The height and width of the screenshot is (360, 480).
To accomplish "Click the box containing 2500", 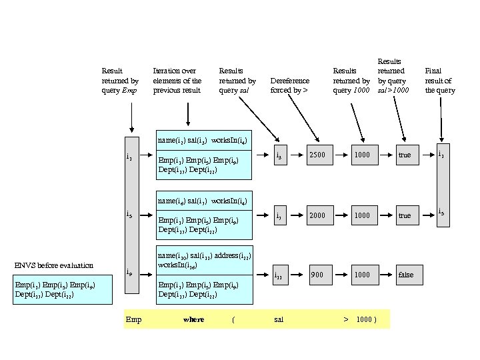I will [x=317, y=155].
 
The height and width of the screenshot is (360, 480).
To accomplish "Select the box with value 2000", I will [x=317, y=215].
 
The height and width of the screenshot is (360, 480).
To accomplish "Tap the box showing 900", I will [x=317, y=275].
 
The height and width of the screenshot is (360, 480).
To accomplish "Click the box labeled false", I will [x=405, y=275].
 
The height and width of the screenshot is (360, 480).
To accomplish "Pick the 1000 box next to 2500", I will [x=361, y=155].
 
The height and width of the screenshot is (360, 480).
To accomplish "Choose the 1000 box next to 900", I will [x=361, y=275].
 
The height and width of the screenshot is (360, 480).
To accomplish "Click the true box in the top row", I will [x=405, y=155].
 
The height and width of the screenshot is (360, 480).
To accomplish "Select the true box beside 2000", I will [x=405, y=215].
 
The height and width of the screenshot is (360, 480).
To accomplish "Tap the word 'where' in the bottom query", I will [x=193, y=319].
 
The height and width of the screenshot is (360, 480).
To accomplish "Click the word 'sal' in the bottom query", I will [x=279, y=319].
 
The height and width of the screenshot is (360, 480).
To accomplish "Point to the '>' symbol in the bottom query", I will [x=346, y=319].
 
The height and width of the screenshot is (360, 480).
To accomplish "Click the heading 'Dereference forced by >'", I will [x=289, y=85].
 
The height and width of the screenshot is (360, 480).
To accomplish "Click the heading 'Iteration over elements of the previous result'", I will [x=177, y=80].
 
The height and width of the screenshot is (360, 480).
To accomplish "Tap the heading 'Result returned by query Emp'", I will [x=120, y=80].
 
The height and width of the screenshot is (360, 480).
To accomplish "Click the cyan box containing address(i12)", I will [x=203, y=273].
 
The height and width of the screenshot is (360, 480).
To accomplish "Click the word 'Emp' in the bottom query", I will [x=133, y=319].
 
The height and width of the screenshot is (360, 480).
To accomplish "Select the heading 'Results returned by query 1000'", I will [x=351, y=80].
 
